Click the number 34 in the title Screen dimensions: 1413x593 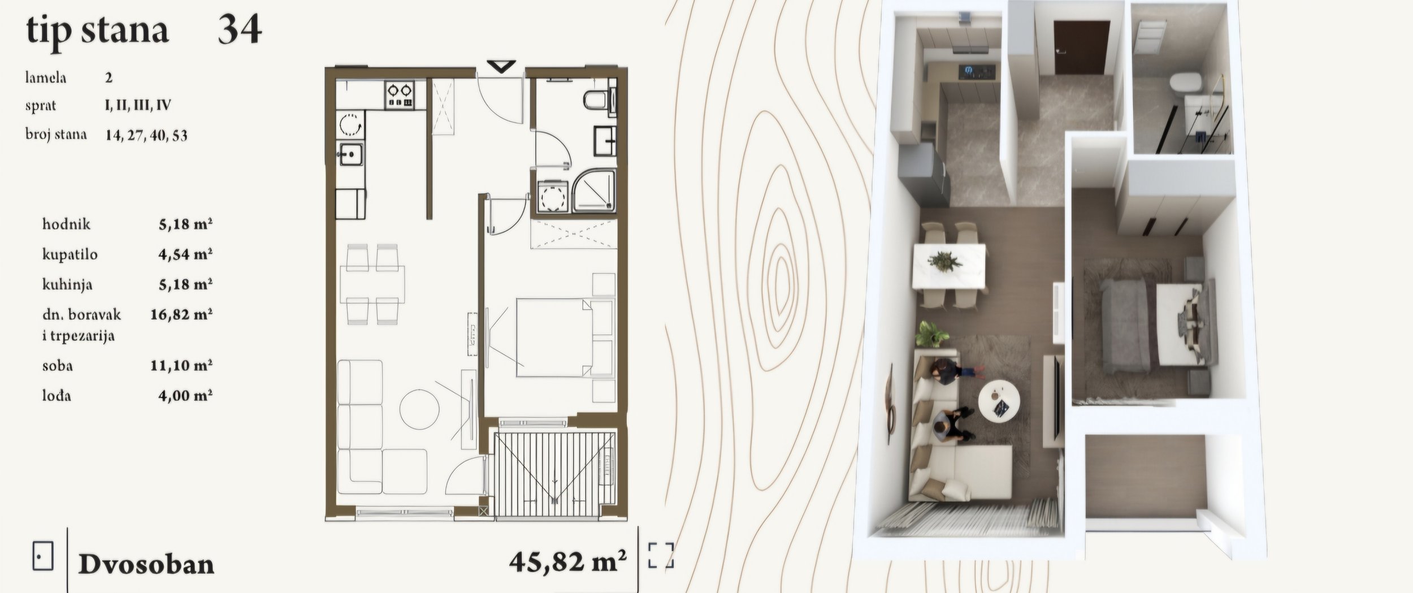coord(240,29)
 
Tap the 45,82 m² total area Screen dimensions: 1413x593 coord(568,561)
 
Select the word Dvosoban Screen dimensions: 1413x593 coord(146,564)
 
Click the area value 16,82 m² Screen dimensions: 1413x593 coord(181,314)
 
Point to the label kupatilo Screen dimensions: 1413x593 coord(70,254)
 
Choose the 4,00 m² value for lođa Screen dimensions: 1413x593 coord(185,395)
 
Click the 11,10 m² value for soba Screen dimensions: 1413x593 coord(181,365)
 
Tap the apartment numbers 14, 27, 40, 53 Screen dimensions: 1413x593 coord(146,135)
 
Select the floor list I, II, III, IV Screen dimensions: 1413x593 coord(138,105)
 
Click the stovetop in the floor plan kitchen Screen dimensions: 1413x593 coord(399,94)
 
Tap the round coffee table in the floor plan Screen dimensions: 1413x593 coord(419,408)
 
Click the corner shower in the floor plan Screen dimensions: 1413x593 coord(593,191)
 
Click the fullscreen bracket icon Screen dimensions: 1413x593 coord(661,555)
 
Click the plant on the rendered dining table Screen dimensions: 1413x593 coord(944,261)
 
